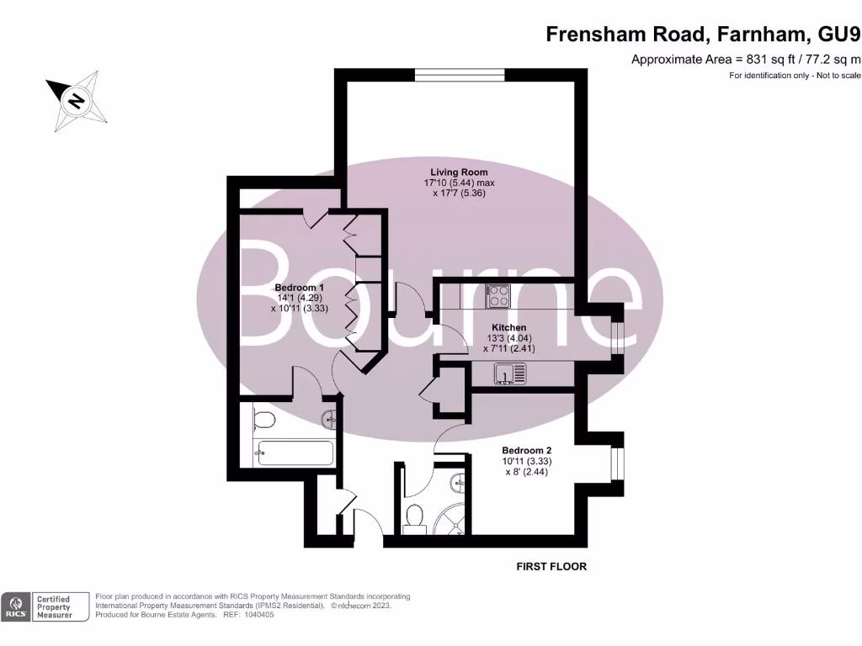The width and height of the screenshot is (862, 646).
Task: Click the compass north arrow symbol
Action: point(77,102)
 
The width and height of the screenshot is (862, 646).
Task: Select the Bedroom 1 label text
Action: point(299,287)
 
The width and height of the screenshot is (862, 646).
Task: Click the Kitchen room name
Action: point(508,327)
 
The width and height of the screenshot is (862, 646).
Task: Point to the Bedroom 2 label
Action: point(526,451)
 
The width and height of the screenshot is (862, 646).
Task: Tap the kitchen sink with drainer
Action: point(509,372)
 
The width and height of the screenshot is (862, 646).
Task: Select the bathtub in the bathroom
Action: point(295,453)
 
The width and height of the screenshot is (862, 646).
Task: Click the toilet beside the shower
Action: point(413,516)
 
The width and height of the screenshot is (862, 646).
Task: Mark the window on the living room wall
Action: point(459,74)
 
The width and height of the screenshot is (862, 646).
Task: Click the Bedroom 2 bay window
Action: point(617,474)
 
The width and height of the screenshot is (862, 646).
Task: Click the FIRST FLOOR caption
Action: point(551,567)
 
